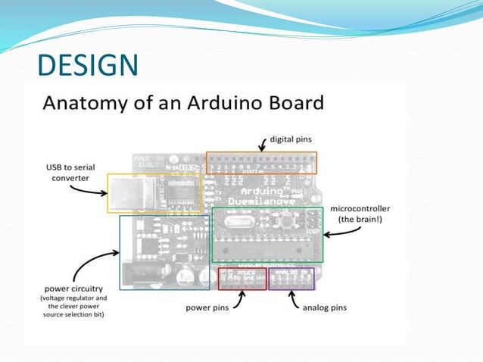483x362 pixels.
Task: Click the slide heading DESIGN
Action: pos(87,65)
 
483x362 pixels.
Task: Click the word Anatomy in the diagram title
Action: pos(81,101)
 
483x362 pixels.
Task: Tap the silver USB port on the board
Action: pos(127,193)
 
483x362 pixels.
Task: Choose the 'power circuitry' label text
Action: pos(73,288)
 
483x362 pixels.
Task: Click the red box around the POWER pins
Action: pos(242,279)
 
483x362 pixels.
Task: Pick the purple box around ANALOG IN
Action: pos(291,279)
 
